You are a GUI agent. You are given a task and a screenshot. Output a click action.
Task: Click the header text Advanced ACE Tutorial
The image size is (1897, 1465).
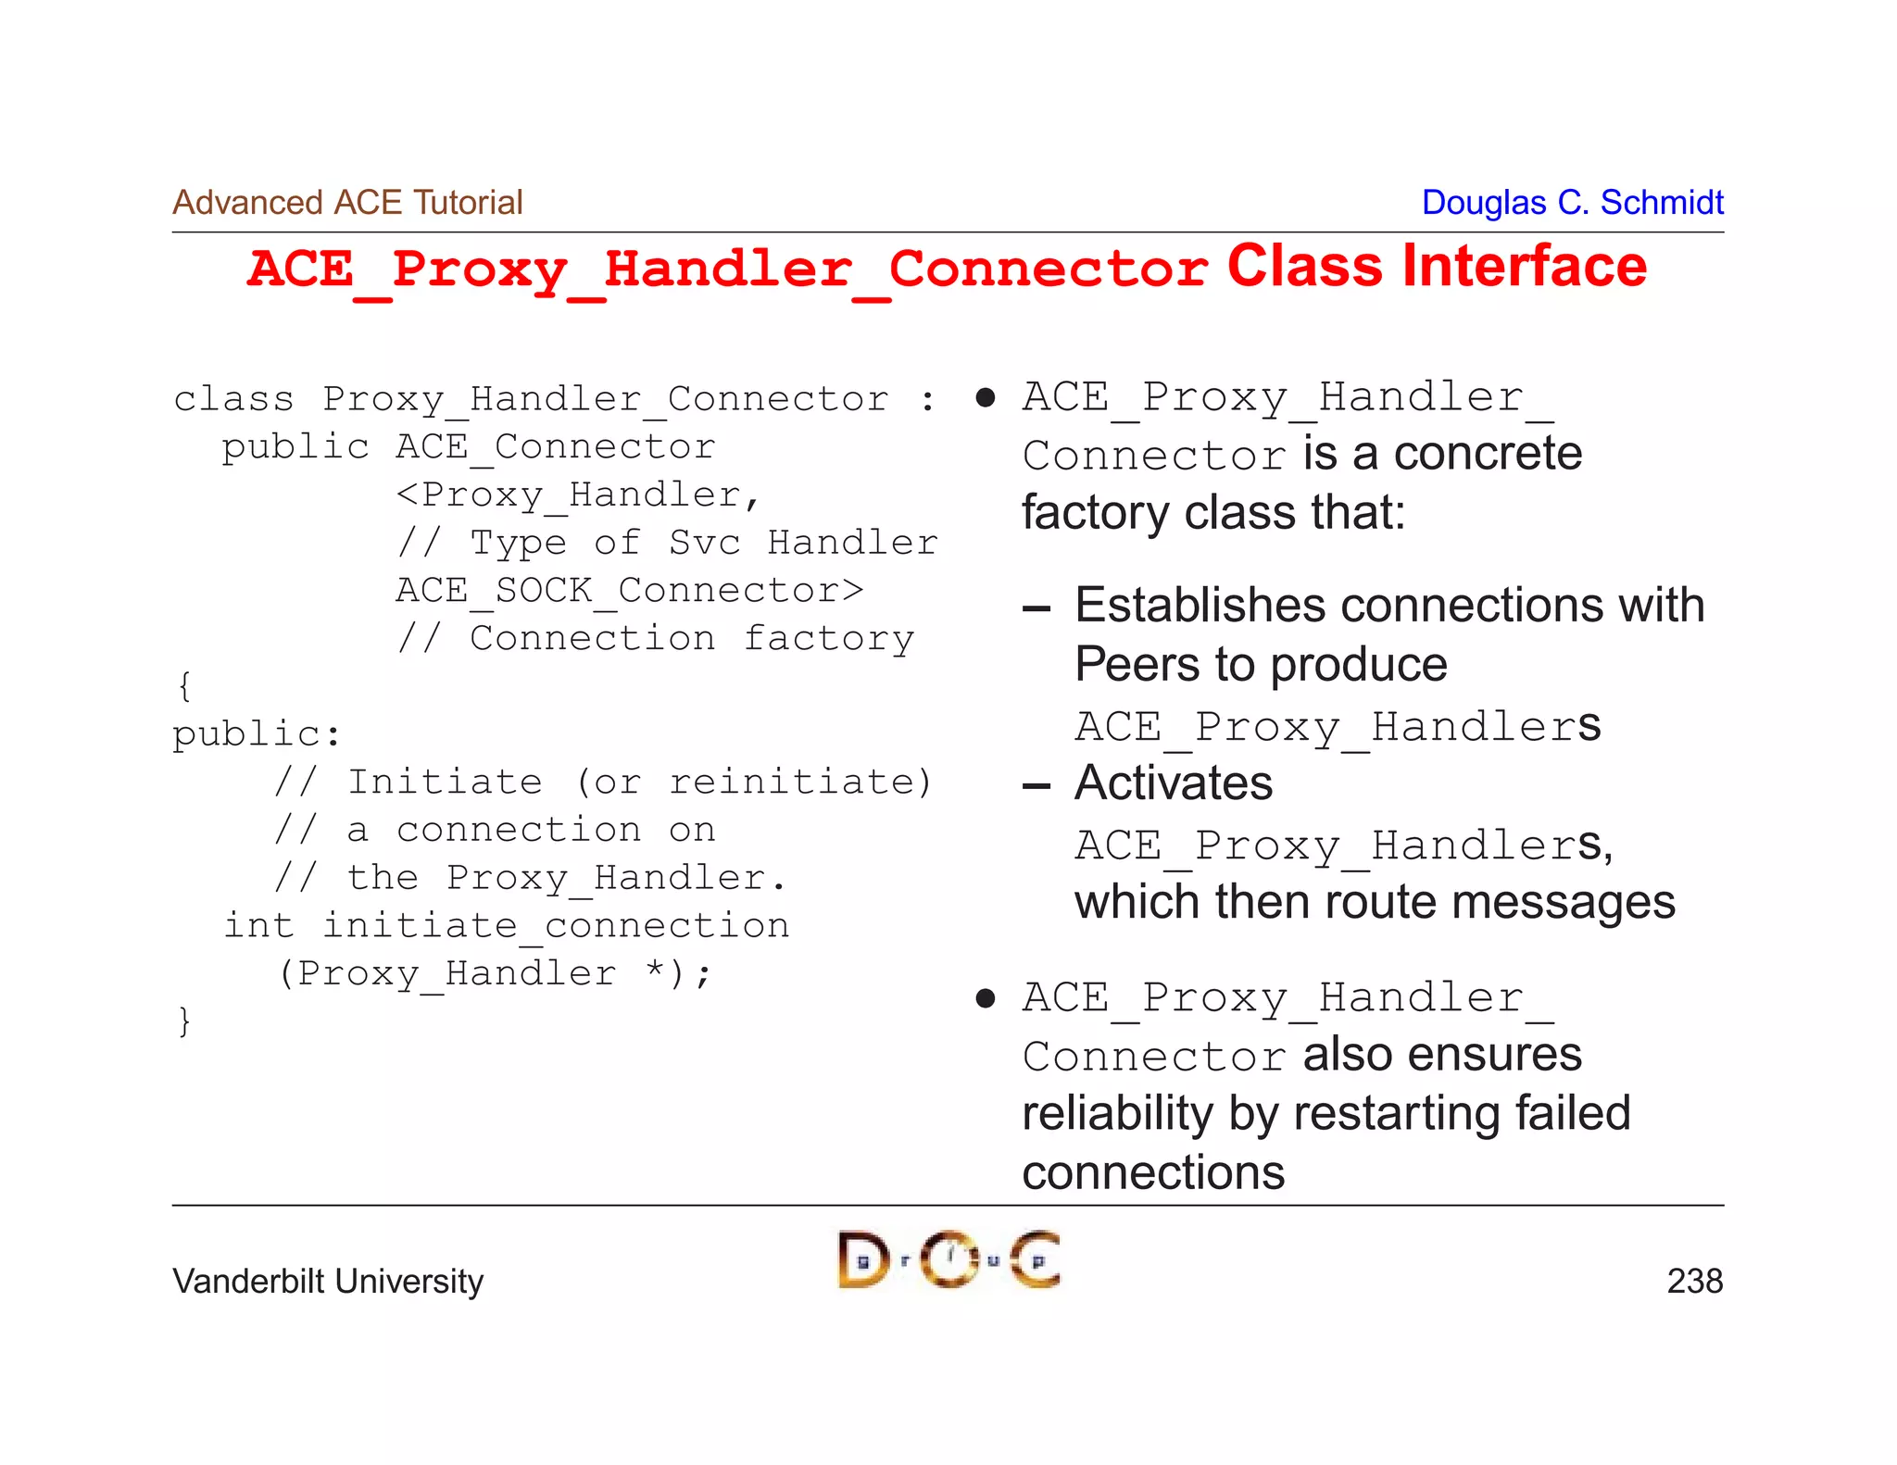point(347,202)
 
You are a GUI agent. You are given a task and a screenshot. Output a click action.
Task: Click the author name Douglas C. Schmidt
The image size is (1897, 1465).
point(1572,202)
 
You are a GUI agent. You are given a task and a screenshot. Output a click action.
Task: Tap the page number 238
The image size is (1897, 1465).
point(1694,1281)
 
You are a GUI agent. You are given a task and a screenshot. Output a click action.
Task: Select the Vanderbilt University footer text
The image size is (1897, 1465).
point(328,1281)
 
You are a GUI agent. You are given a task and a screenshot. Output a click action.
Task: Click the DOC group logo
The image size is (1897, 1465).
point(948,1259)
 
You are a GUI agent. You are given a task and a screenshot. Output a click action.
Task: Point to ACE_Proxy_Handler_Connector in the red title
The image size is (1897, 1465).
point(727,269)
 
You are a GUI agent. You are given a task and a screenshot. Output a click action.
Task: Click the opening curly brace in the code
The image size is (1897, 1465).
point(184,686)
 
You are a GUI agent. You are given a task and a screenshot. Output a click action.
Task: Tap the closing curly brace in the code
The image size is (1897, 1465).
point(184,1020)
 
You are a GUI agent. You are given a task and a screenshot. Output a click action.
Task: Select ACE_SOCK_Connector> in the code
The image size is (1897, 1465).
point(630,591)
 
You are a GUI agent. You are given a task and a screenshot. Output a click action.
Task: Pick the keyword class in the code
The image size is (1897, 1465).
point(233,399)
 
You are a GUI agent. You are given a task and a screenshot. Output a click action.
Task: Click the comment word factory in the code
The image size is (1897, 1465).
point(829,639)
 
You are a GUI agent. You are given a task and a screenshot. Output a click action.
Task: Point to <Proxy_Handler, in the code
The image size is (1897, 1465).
point(578,495)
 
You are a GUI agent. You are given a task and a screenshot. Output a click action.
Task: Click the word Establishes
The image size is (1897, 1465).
point(1200,606)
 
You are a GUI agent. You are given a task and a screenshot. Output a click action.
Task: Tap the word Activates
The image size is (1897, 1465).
point(1174,783)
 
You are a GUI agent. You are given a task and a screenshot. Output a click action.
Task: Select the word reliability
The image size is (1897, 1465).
point(1117,1113)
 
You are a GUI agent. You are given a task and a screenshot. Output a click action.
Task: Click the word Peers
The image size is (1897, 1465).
point(1137,665)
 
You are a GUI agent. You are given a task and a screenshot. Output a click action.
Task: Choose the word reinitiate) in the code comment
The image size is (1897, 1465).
point(800,783)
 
